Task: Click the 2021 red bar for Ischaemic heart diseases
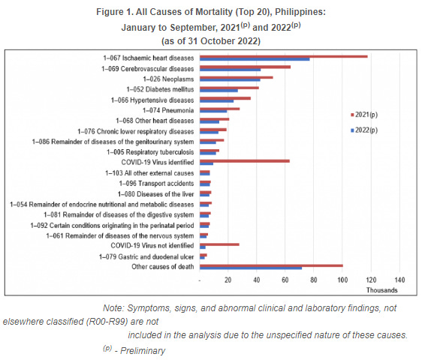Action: [283, 56]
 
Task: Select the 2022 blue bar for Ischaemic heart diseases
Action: [255, 59]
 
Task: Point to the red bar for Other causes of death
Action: [271, 265]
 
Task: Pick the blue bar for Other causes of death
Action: [251, 268]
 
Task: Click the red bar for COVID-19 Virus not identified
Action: [219, 244]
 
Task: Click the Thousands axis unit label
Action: [381, 290]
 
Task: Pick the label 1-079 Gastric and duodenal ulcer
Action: [146, 256]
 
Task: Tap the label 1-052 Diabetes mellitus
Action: [154, 89]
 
